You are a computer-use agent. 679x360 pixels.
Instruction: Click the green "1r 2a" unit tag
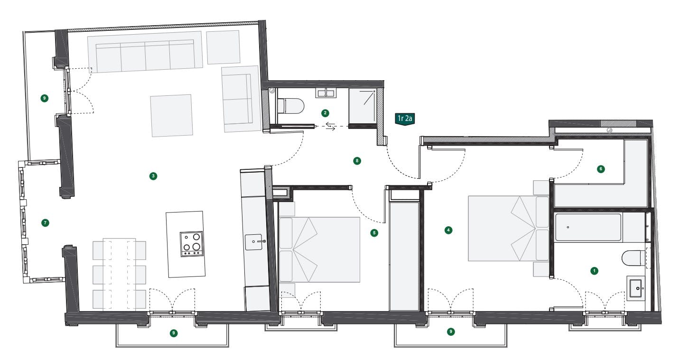[x=405, y=119]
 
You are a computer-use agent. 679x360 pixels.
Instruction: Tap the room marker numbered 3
[x=153, y=176]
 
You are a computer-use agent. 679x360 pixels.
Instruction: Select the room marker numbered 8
[x=357, y=161]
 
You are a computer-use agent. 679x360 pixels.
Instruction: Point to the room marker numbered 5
[x=374, y=233]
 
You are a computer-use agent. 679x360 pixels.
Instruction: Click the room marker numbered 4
[x=448, y=230]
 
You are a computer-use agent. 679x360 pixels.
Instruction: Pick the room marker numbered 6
[x=601, y=169]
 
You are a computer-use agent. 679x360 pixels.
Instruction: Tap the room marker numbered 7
[x=45, y=223]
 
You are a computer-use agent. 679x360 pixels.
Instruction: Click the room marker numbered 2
[x=325, y=113]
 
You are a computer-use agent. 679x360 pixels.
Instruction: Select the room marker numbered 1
[x=594, y=271]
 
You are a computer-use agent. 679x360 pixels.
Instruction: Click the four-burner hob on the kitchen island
[x=192, y=244]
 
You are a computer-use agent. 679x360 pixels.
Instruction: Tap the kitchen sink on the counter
[x=254, y=242]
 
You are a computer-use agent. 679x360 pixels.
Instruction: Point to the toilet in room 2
[x=291, y=106]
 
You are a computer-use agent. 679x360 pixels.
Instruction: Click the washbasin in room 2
[x=326, y=93]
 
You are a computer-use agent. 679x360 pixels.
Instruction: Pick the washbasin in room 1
[x=636, y=288]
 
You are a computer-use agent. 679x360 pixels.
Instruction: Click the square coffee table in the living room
[x=172, y=115]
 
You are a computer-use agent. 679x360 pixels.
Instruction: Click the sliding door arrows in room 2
[x=330, y=126]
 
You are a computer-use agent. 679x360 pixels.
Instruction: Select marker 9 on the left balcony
[x=45, y=98]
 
